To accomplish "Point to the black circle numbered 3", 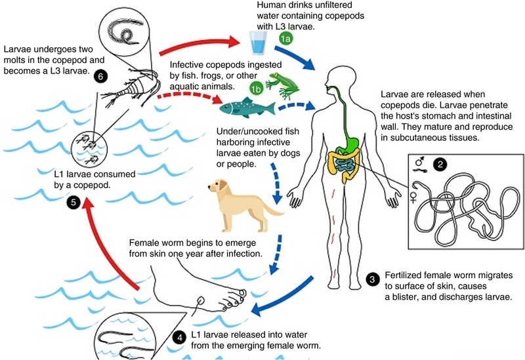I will (x=373, y=279).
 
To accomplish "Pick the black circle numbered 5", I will (x=75, y=204).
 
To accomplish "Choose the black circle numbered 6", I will (x=101, y=75).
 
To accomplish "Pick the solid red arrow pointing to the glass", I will (x=203, y=44).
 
